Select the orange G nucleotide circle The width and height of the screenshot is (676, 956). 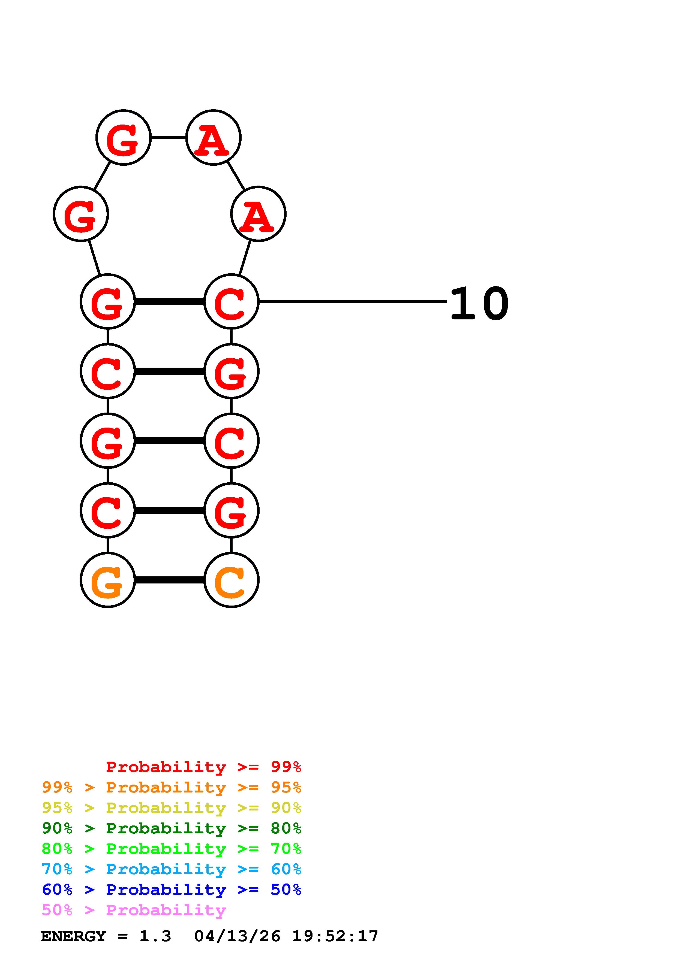pos(107,580)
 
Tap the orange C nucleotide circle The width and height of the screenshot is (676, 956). pos(231,580)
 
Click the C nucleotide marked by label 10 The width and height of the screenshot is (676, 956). pos(231,301)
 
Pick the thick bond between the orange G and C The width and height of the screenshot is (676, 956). pos(170,580)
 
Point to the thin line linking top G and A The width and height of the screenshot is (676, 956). pos(168,137)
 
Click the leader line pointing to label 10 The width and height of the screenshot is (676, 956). pos(352,301)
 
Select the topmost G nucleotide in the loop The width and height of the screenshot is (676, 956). pos(123,137)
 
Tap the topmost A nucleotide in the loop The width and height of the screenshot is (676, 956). pos(213,137)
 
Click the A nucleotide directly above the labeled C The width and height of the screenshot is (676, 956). pos(258,214)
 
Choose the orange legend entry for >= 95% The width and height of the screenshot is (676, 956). pos(172,787)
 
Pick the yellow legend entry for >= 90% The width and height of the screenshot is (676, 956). pos(172,808)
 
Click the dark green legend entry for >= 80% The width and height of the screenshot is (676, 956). pos(172,828)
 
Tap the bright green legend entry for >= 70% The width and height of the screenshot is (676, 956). pos(172,849)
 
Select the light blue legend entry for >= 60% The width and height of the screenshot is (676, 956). pos(172,869)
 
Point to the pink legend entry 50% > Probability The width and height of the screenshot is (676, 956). pos(134,910)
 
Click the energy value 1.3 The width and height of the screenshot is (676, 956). pos(155,936)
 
